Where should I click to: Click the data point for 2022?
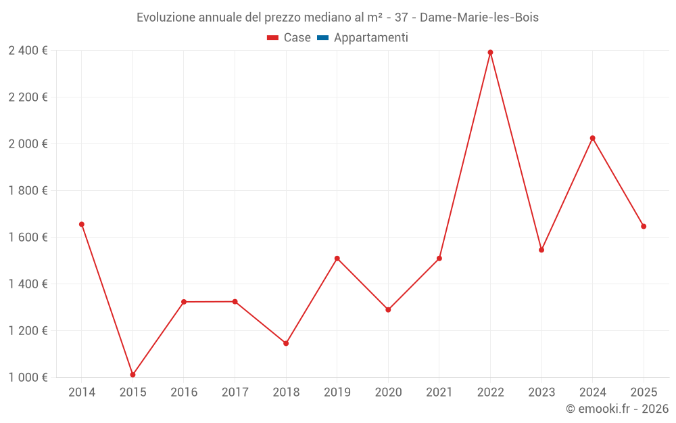pyautogui.click(x=490, y=52)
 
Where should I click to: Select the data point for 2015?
pyautogui.click(x=132, y=374)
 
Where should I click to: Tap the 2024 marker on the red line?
pyautogui.click(x=593, y=138)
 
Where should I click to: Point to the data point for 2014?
pyautogui.click(x=82, y=224)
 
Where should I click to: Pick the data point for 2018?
pyautogui.click(x=286, y=343)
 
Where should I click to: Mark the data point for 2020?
pyautogui.click(x=388, y=310)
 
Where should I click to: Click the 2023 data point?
pyautogui.click(x=541, y=250)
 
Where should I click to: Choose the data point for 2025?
pyautogui.click(x=644, y=226)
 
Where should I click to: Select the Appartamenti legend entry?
pyautogui.click(x=370, y=38)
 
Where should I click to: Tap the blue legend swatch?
pyautogui.click(x=322, y=38)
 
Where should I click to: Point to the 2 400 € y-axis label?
pyautogui.click(x=28, y=51)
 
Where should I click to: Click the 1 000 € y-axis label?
pyautogui.click(x=28, y=378)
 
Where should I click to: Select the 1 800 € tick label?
pyautogui.click(x=28, y=191)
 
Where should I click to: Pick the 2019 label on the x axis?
pyautogui.click(x=337, y=393)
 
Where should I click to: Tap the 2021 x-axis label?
pyautogui.click(x=439, y=393)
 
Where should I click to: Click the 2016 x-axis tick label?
pyautogui.click(x=184, y=393)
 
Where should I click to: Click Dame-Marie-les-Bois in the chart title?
pyautogui.click(x=479, y=18)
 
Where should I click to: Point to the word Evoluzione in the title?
pyautogui.click(x=166, y=18)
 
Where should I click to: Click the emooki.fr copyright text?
pyautogui.click(x=617, y=409)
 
